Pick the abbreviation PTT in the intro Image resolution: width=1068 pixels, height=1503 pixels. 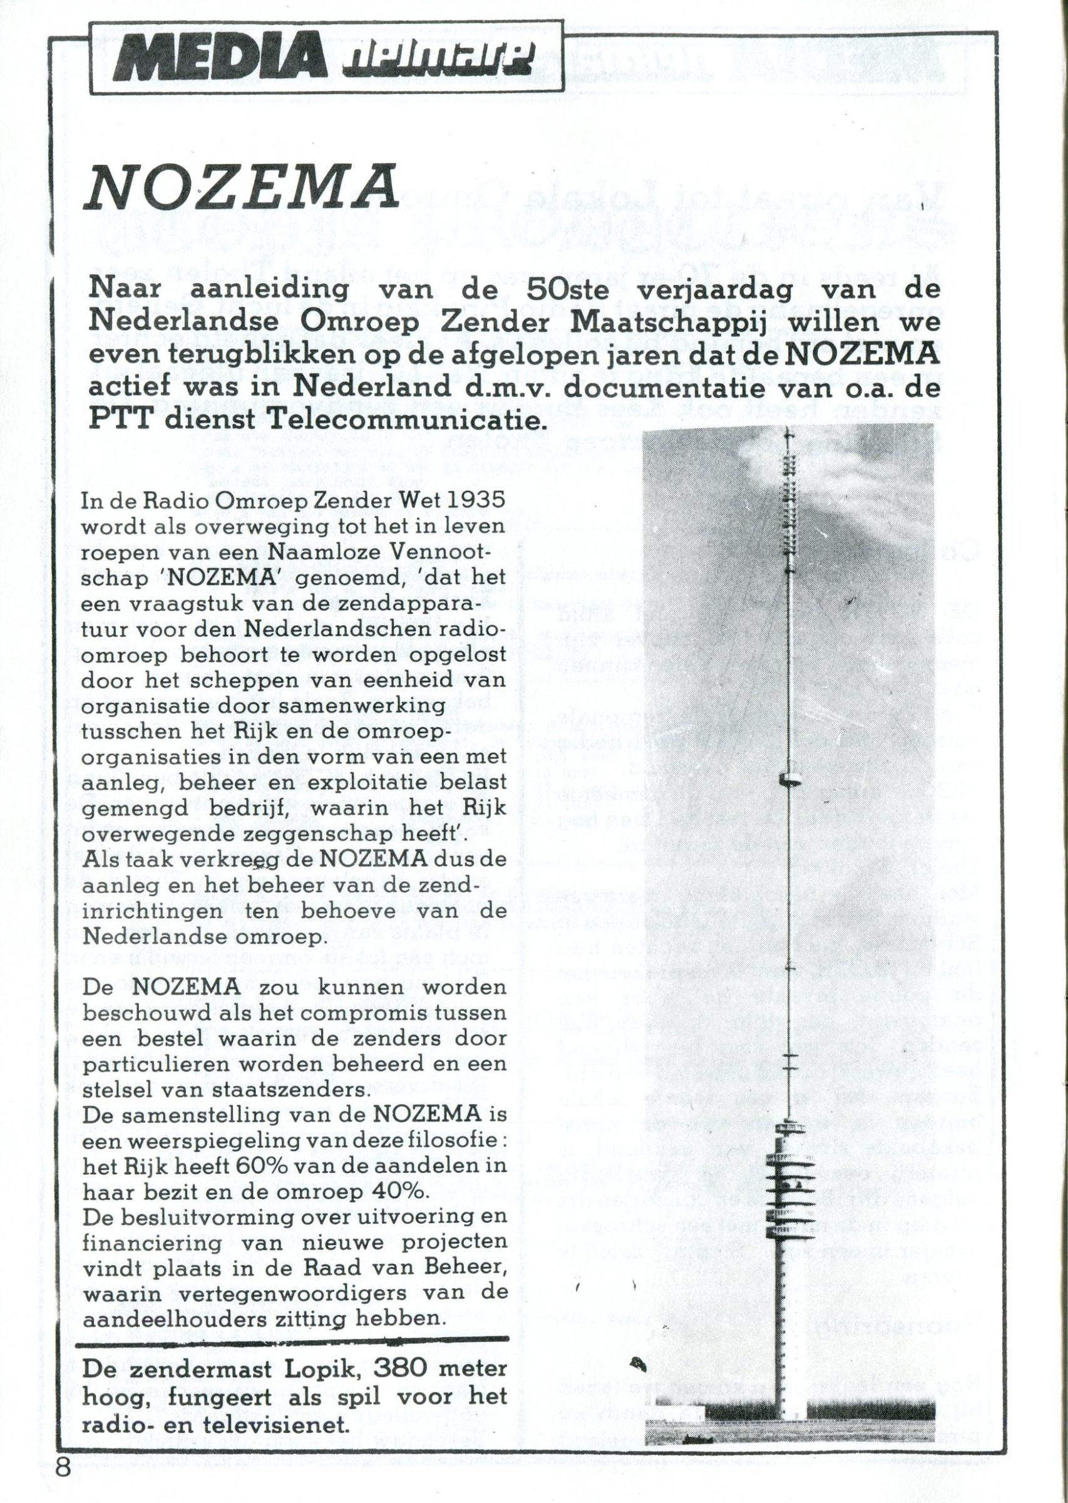click(x=120, y=420)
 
